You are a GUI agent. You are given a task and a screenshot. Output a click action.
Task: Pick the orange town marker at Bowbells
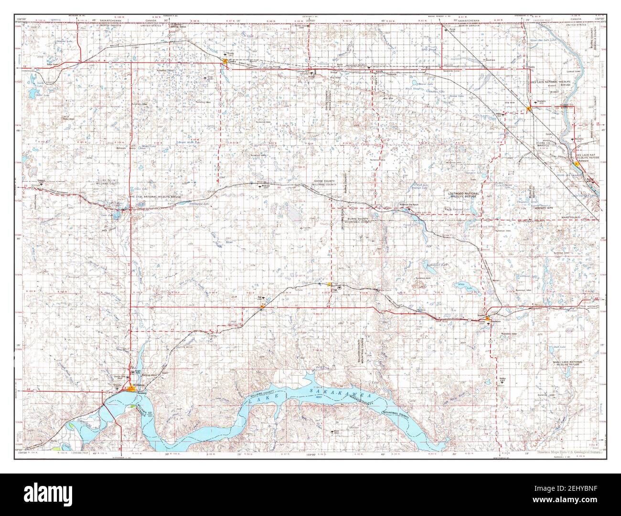tap(529, 109)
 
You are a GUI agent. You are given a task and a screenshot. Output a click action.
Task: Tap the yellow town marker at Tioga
tap(329, 284)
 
